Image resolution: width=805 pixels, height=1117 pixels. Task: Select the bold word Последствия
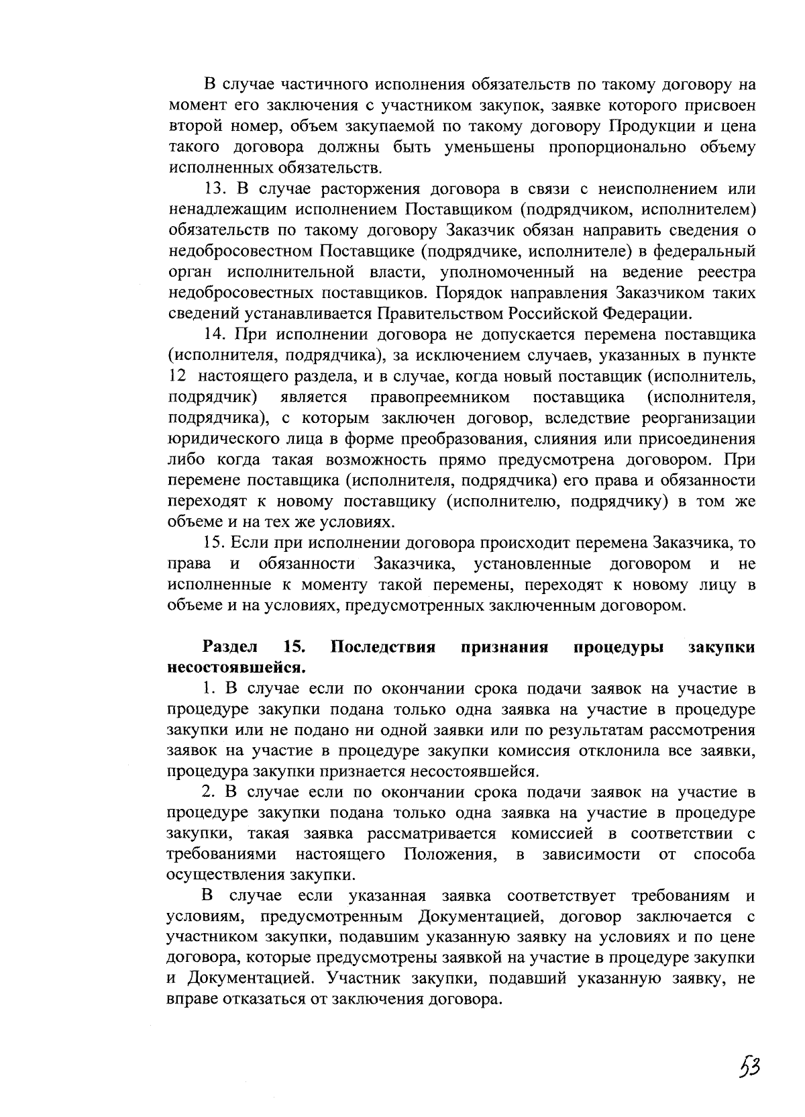coord(384,648)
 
